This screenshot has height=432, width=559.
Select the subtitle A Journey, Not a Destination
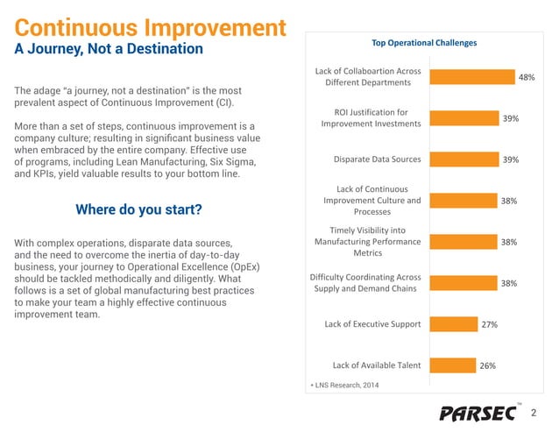click(109, 48)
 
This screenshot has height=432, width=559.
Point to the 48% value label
click(527, 77)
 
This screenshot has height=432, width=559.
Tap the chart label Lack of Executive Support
click(372, 324)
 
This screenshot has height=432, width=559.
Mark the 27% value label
click(489, 324)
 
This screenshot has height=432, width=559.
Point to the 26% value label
click(486, 365)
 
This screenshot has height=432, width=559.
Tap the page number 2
click(534, 413)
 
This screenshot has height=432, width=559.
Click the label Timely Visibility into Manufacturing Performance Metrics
click(367, 242)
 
